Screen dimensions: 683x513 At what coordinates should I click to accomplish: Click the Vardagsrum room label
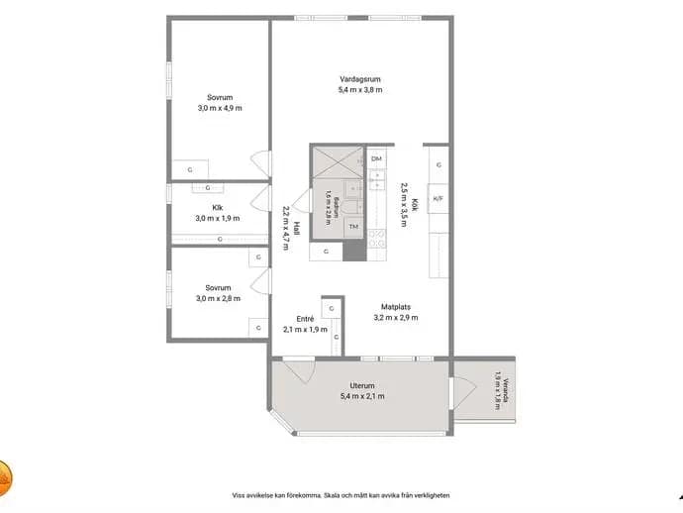(360, 79)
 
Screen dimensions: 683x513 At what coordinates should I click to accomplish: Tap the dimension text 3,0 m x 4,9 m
(220, 108)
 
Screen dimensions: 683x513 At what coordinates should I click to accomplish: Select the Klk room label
(218, 208)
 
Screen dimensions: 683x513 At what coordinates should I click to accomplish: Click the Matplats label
(396, 307)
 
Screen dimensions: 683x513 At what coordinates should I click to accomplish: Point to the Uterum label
(362, 385)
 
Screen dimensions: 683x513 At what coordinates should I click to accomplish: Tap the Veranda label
(505, 390)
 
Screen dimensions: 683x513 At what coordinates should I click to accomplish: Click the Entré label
(305, 319)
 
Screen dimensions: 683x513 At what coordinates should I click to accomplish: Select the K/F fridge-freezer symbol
(438, 199)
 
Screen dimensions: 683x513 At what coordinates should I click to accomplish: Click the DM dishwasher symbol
(376, 159)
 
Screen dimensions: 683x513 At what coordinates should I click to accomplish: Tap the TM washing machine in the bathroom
(353, 227)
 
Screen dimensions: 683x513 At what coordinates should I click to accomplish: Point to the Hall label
(297, 229)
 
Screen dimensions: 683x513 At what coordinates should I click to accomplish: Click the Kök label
(415, 205)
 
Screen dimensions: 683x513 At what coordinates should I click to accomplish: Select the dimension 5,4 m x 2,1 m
(362, 396)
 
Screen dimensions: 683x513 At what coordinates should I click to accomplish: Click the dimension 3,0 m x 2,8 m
(218, 298)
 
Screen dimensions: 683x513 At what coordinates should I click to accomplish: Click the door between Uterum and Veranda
(463, 393)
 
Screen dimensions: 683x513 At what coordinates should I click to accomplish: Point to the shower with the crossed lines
(338, 162)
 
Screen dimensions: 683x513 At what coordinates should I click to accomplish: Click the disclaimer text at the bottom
(341, 495)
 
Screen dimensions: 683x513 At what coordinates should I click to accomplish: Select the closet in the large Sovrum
(190, 169)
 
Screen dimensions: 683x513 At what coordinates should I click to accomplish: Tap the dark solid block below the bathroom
(354, 251)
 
